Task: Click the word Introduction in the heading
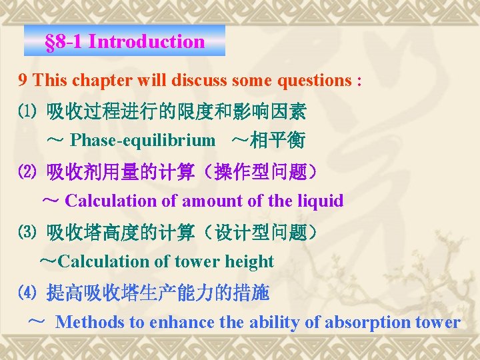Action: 147,41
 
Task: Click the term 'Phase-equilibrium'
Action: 143,141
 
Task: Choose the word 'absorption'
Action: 369,323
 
